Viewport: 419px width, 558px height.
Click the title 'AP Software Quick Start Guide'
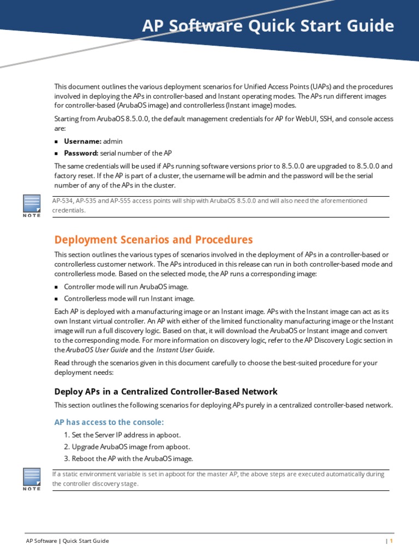[x=268, y=26]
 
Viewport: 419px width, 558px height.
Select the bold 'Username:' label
[x=82, y=141]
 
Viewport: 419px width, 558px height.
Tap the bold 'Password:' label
[x=81, y=153]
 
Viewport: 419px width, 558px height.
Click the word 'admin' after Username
[x=113, y=141]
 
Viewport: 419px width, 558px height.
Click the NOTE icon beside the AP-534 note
[x=32, y=205]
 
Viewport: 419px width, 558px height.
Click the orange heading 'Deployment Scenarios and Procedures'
[x=153, y=240]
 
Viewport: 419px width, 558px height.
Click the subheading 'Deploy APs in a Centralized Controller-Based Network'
[x=166, y=391]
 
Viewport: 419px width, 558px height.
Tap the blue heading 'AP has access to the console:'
[x=109, y=422]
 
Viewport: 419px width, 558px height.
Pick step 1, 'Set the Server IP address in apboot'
[x=122, y=435]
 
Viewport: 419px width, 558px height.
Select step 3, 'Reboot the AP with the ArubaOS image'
[x=128, y=458]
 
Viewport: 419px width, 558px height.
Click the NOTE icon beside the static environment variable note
[x=32, y=479]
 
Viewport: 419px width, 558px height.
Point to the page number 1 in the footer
[x=391, y=541]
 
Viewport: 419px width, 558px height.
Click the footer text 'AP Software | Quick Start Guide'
[x=68, y=541]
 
